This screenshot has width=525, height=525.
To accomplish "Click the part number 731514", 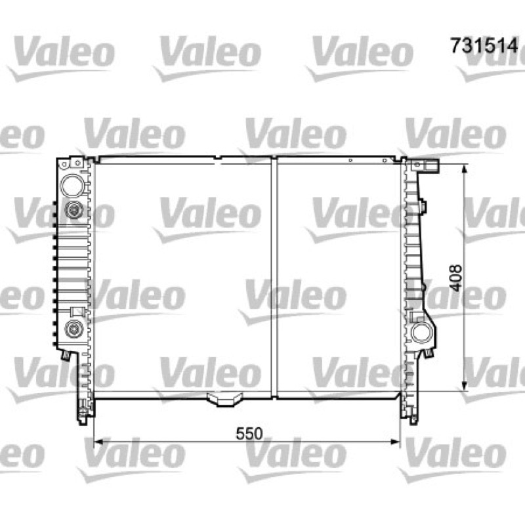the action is (x=484, y=45).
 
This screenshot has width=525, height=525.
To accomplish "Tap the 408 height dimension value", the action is (x=455, y=278).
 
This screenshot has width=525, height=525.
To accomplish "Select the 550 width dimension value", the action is (x=249, y=434).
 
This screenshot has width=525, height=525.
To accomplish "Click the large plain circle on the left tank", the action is (x=72, y=185).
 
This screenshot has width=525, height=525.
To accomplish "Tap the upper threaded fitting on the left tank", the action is (x=73, y=210).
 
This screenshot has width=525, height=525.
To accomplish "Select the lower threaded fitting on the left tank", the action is (x=73, y=329).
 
